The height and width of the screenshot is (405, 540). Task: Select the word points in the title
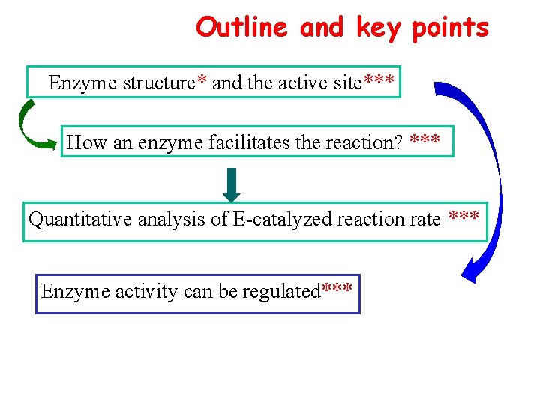pos(450,28)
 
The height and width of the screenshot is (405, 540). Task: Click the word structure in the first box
pos(158,82)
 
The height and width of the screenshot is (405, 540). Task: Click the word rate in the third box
pos(425,220)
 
